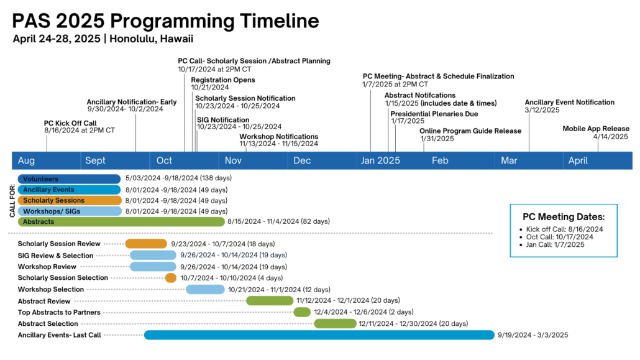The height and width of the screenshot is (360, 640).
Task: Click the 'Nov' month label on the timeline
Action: pos(233,161)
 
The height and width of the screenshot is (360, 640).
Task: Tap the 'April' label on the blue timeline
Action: pos(578,161)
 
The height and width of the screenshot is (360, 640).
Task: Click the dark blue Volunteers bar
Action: pos(69,179)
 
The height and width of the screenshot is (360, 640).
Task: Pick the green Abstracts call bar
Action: pos(121,221)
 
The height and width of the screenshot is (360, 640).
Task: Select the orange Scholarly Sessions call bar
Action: pos(70,200)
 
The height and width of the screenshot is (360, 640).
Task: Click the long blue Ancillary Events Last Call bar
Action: pos(319,335)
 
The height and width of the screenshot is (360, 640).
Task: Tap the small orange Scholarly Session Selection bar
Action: pos(171,278)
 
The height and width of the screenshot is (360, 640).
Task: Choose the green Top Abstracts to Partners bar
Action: pos(302,312)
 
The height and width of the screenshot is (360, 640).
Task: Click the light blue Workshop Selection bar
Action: pos(205,289)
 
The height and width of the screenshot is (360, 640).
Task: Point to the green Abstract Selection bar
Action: pos(335,323)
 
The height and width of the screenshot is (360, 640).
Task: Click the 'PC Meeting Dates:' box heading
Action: pos(564,217)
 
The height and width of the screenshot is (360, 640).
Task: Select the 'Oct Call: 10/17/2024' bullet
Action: pos(557,237)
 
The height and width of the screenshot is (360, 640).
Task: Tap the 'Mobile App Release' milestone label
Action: pos(596,129)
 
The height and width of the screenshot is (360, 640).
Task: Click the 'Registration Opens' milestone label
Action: pos(223,80)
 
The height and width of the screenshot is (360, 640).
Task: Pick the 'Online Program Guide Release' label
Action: pos(470,131)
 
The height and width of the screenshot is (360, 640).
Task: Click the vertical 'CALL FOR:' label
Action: pos(12,200)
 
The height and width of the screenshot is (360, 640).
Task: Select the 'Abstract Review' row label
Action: pos(44,301)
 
